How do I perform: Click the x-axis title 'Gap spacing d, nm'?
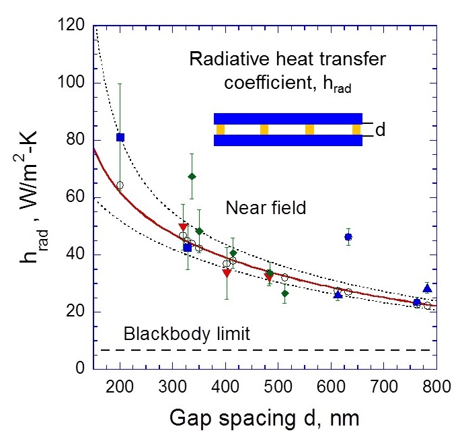coord(264,419)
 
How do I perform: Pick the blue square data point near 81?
coord(120,137)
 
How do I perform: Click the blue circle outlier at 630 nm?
coord(348,237)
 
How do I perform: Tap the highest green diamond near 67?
coord(192,176)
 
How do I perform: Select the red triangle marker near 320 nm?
coord(183,228)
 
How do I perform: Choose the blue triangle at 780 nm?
coord(427,288)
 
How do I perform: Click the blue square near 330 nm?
coord(188,248)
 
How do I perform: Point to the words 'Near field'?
coord(274,209)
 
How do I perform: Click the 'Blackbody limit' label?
coord(187,333)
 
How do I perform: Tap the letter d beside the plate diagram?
coord(380,130)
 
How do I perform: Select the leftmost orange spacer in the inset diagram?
coord(220,129)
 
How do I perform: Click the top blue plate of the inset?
coord(288,119)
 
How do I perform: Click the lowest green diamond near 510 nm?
coord(284,294)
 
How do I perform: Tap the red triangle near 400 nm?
coord(227,273)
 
